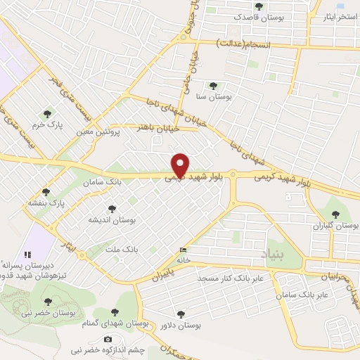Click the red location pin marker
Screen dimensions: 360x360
(x=181, y=165)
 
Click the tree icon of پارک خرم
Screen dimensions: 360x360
(x=47, y=113)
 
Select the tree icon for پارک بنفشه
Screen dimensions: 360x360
(x=46, y=191)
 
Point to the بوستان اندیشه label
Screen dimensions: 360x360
(x=111, y=220)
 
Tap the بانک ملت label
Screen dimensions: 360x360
(x=121, y=250)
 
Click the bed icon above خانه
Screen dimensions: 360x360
(x=184, y=250)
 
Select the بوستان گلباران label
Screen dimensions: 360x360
(x=337, y=226)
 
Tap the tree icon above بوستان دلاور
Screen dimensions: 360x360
(x=181, y=314)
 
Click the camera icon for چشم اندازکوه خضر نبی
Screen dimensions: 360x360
(x=108, y=340)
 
